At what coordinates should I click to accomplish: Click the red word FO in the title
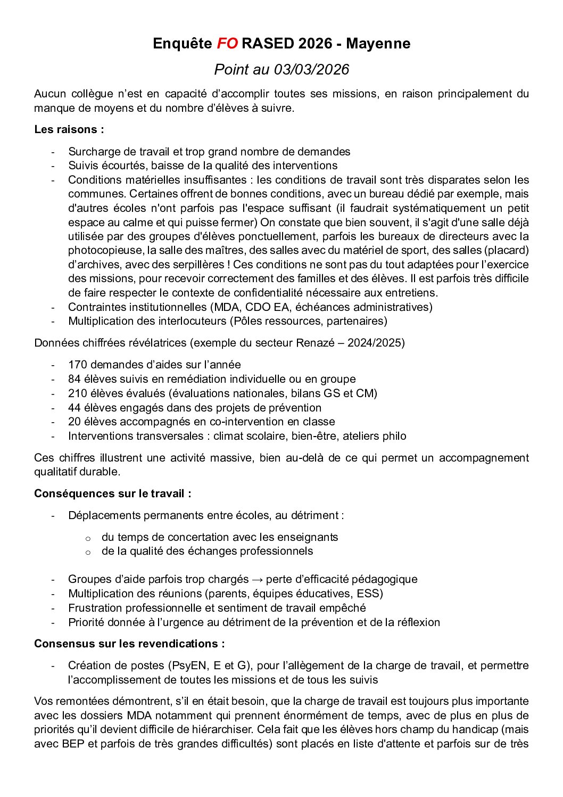[227, 44]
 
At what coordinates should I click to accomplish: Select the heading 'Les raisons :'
[69, 129]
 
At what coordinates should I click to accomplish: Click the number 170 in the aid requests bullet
[78, 365]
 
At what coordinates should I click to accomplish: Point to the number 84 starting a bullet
[74, 379]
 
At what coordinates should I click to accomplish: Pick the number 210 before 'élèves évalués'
[78, 393]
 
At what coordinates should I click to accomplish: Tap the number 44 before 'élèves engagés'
[74, 408]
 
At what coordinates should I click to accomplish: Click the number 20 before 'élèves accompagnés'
[74, 422]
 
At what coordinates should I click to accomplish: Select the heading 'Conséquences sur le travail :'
[113, 494]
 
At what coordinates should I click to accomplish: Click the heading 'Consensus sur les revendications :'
[129, 644]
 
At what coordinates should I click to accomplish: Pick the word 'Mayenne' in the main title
[378, 44]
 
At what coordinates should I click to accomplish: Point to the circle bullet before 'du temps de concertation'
[88, 538]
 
